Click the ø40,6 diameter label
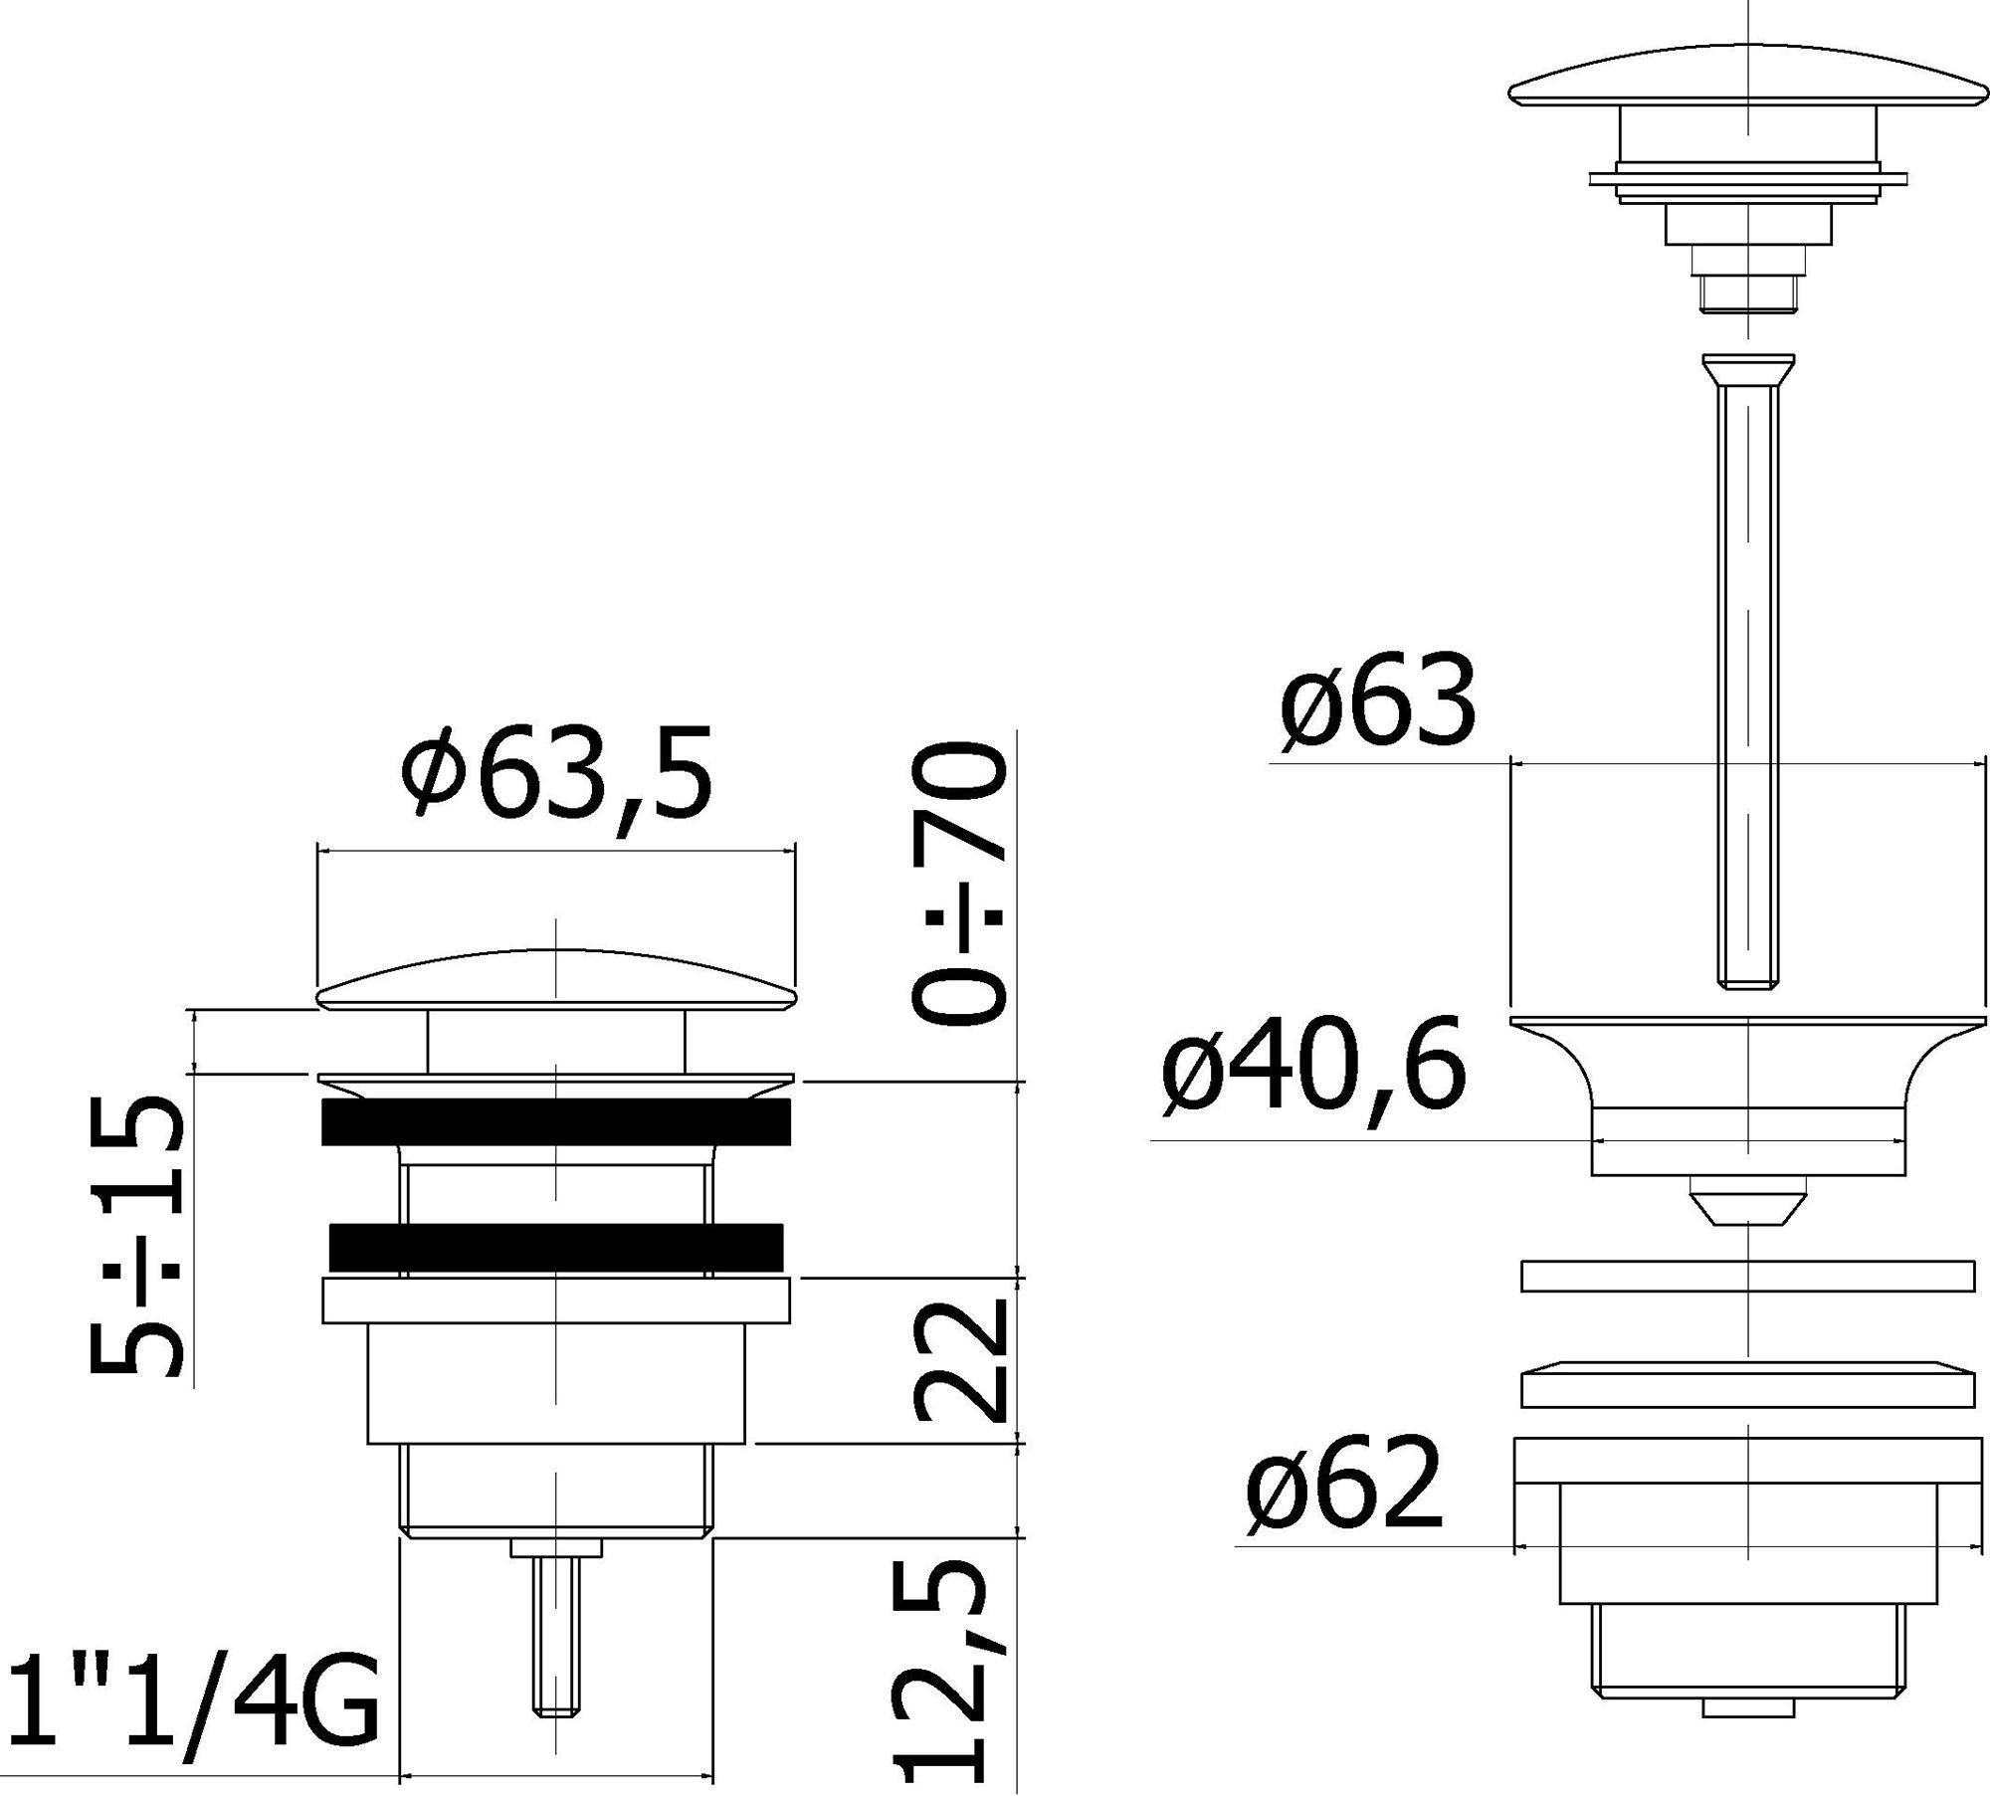point(1313,1070)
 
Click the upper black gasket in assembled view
point(556,1121)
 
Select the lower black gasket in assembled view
point(556,1246)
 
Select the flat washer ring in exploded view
point(1747,1276)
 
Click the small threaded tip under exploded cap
point(1747,295)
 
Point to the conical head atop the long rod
point(1748,370)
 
